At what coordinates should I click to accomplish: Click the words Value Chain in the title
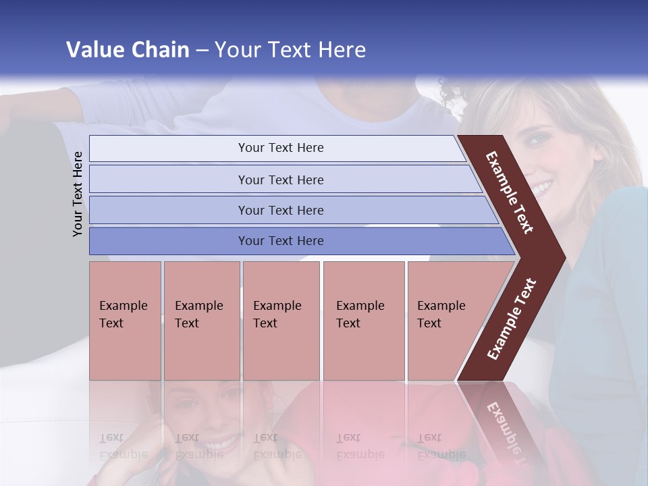[x=128, y=50]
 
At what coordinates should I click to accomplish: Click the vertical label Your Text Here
[x=78, y=194]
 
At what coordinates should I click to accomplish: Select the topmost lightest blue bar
[x=169, y=148]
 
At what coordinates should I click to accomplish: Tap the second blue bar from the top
[x=169, y=180]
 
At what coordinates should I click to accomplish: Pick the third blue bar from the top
[x=169, y=210]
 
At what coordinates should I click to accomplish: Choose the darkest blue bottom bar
[x=169, y=241]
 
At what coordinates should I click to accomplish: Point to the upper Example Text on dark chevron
[x=510, y=192]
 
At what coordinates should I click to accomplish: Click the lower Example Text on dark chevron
[x=512, y=319]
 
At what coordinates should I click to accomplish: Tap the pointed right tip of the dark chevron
[x=561, y=258]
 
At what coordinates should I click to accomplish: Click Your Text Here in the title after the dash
[x=290, y=50]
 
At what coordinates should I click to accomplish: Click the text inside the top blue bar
[x=281, y=148]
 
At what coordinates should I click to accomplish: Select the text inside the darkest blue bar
[x=281, y=241]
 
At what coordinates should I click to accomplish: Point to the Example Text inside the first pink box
[x=123, y=315]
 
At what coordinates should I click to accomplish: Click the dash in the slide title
[x=202, y=51]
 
